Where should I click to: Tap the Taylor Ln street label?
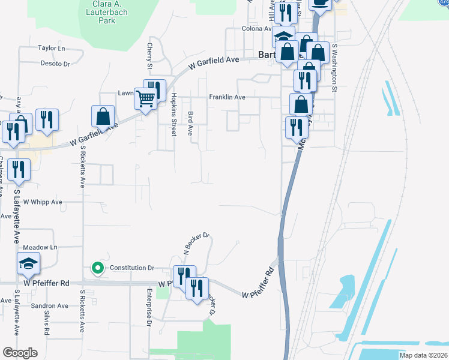coord(51,48)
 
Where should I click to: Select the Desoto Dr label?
coord(55,63)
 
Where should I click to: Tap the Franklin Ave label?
coord(228,97)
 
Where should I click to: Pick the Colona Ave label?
coord(256,28)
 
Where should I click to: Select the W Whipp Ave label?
coord(43,203)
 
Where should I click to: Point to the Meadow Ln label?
coord(40,247)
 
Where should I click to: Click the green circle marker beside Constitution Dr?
coord(97,268)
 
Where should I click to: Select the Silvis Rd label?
coord(47,326)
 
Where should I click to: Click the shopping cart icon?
coord(146,98)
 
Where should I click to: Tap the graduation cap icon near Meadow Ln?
coord(28,263)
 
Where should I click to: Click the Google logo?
coord(20,353)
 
